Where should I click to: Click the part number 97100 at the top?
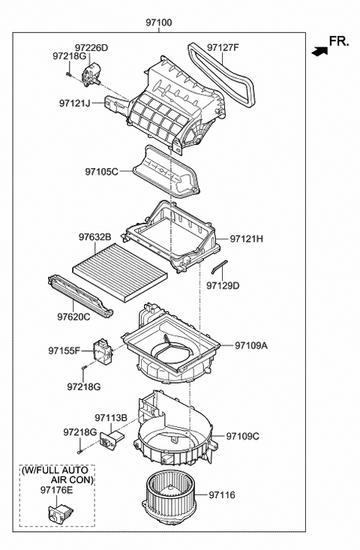click(159, 23)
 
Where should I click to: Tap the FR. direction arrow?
click(320, 51)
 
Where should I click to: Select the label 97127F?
click(223, 48)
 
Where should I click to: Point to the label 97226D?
click(91, 48)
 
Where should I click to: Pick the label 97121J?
click(75, 102)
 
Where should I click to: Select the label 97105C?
click(102, 172)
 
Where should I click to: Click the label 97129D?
click(223, 285)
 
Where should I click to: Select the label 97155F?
click(64, 350)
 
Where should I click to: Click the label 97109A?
click(250, 346)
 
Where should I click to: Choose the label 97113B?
click(111, 418)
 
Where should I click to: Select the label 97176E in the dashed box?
click(56, 490)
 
